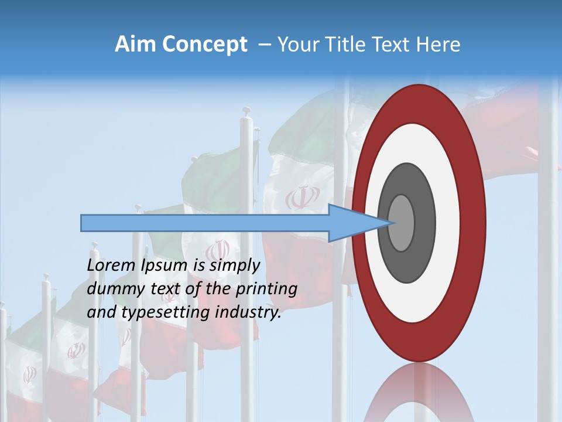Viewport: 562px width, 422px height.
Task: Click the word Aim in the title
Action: click(x=135, y=45)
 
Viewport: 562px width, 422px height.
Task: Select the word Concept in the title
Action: click(x=205, y=45)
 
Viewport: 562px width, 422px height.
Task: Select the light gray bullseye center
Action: click(x=402, y=223)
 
